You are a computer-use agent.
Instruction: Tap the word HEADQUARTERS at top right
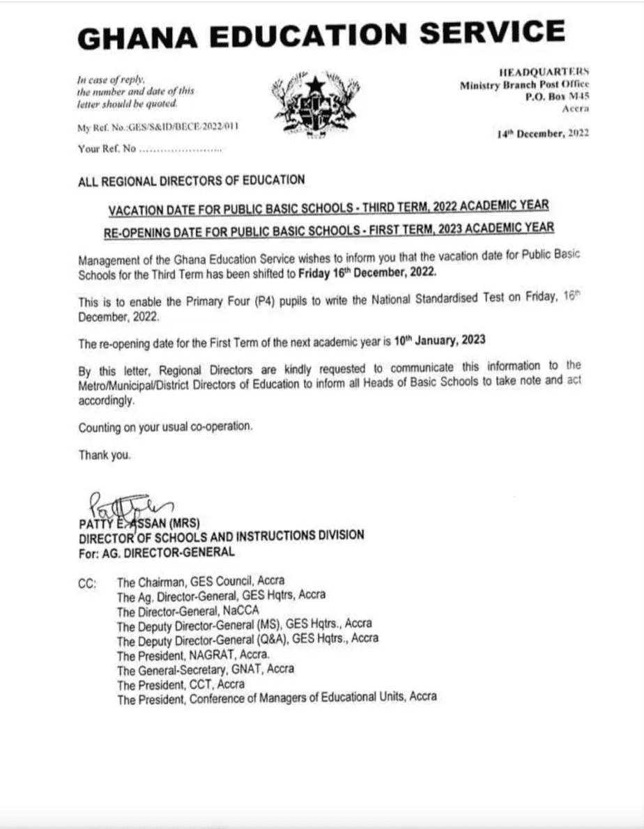pyautogui.click(x=544, y=71)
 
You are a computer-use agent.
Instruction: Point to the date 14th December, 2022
pyautogui.click(x=543, y=134)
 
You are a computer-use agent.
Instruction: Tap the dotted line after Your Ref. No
pyautogui.click(x=181, y=149)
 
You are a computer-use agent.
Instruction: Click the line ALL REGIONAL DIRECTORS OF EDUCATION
pyautogui.click(x=192, y=180)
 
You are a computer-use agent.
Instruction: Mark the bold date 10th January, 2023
pyautogui.click(x=439, y=341)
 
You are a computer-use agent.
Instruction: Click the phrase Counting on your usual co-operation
pyautogui.click(x=165, y=427)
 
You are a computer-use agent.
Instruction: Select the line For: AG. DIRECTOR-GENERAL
pyautogui.click(x=157, y=552)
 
